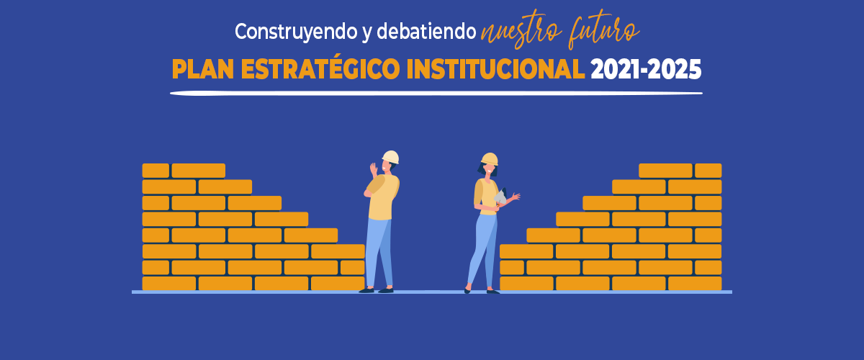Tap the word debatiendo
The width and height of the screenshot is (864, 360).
[x=426, y=31]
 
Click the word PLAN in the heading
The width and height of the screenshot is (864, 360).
[x=203, y=69]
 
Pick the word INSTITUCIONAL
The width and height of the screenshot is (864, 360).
[x=495, y=69]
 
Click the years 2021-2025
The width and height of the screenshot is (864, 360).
[x=646, y=70]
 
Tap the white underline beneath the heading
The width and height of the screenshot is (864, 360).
[x=436, y=93]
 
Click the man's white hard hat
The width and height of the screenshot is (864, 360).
[x=391, y=157]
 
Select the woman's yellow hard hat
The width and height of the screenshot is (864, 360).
[x=490, y=159]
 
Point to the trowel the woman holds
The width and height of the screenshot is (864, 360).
[x=500, y=196]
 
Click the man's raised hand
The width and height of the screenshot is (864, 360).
[x=374, y=170]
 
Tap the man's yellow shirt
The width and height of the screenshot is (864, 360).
[x=382, y=197]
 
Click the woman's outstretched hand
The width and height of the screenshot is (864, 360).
[x=516, y=197]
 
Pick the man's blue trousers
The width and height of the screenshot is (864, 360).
[x=379, y=253]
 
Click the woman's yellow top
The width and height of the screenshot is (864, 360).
[x=485, y=196]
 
